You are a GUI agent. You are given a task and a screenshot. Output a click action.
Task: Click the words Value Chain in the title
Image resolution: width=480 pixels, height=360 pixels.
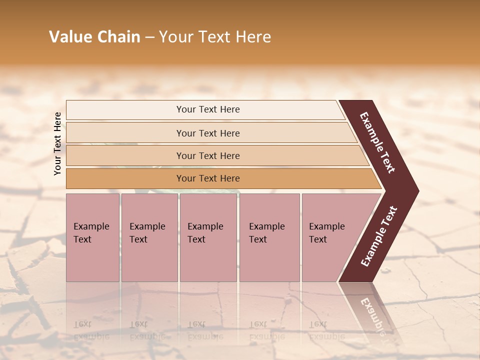pos(94,37)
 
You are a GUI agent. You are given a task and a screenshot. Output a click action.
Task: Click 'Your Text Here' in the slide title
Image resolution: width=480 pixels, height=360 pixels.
pos(215,37)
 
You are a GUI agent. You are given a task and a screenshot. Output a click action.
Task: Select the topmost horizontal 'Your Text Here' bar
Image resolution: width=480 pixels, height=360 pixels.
pos(207,109)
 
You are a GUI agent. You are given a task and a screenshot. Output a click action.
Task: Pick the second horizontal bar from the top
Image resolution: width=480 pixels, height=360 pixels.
pos(207,133)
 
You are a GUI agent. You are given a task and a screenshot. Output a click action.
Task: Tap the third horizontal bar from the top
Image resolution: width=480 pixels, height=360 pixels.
pos(207,155)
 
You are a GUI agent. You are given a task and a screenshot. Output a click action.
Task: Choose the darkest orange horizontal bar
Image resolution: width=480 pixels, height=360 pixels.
pos(207,178)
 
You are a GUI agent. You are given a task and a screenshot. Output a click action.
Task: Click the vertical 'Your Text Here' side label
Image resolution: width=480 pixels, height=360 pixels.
pos(57,143)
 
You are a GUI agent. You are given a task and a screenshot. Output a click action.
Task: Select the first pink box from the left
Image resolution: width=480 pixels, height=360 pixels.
pos(92,237)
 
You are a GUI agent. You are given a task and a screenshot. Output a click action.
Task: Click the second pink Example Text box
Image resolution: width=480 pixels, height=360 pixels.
pos(149,237)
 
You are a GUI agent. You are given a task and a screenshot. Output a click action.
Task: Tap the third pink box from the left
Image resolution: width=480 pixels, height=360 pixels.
pos(208,237)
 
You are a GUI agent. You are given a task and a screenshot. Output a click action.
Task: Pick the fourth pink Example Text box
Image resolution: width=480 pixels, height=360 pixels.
pos(269,237)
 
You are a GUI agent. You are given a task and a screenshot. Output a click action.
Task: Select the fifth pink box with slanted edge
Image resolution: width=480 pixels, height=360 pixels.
pos(330,237)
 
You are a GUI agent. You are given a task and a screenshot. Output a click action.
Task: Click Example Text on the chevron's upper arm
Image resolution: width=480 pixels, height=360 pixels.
pos(377,142)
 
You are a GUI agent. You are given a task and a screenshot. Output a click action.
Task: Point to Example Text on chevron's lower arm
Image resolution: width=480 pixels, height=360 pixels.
pos(379,236)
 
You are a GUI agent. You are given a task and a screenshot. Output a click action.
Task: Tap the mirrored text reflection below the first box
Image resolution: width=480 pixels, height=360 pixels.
pos(91,330)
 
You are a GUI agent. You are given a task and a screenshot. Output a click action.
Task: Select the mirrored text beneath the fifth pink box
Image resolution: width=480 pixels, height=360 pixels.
pos(326,330)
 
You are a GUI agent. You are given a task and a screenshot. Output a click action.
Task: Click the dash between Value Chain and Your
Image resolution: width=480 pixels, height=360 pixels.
pos(149,37)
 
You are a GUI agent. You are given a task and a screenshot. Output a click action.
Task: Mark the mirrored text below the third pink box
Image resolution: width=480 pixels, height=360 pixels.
pos(205,330)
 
